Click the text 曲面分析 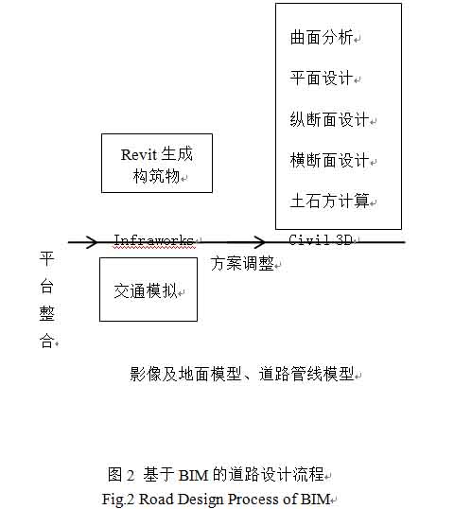click(322, 37)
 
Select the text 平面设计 click(322, 78)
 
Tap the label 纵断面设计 click(329, 119)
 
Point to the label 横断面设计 click(329, 160)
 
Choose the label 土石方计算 click(329, 201)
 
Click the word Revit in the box click(139, 155)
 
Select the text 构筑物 click(156, 176)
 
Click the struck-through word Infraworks click(154, 240)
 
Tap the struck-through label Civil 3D click(321, 240)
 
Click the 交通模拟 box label click(145, 290)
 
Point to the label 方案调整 click(242, 263)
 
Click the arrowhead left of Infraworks click(92, 242)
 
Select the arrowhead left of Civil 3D click(259, 242)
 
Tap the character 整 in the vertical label click(46, 313)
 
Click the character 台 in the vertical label click(46, 287)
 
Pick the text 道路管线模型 click(306, 374)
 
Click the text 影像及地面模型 click(185, 374)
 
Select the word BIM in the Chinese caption click(193, 475)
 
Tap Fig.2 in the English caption click(118, 500)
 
